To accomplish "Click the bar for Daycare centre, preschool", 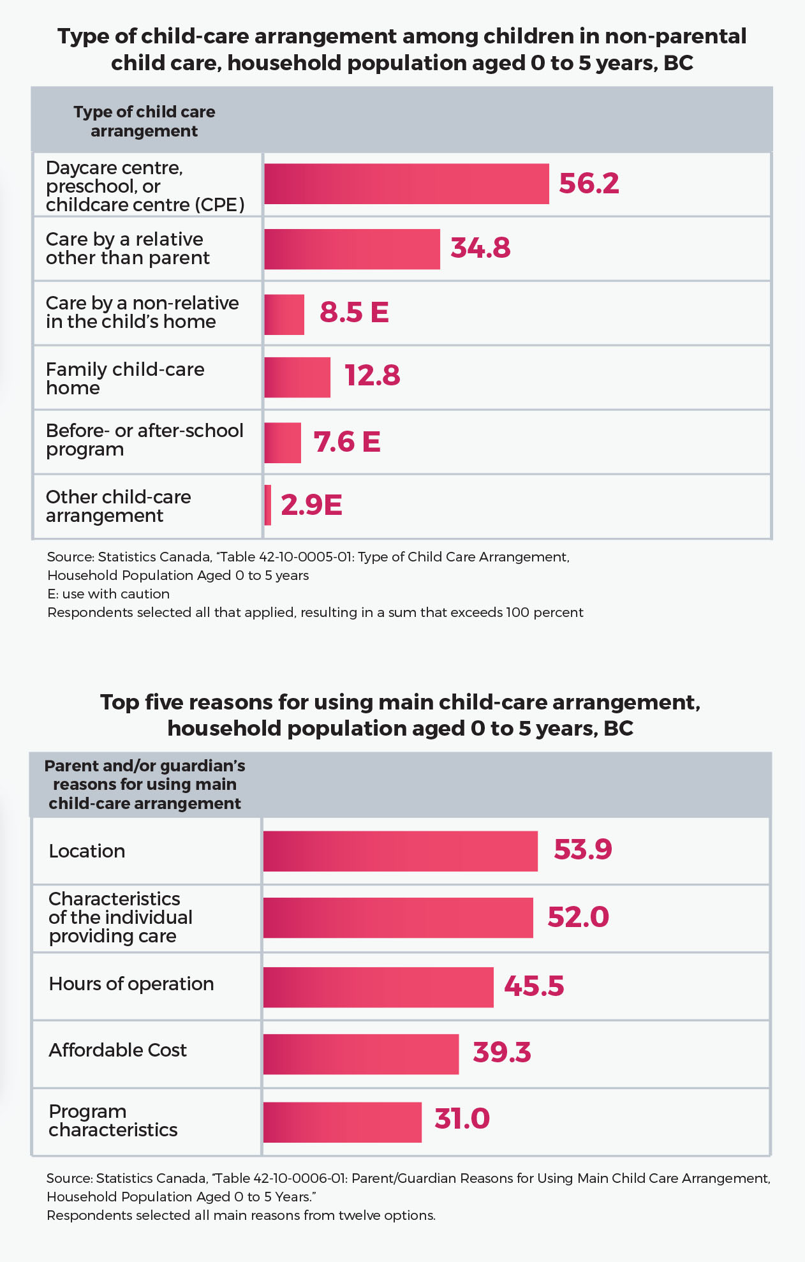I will pos(406,184).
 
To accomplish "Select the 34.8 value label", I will pos(480,248).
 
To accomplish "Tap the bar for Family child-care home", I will pos(297,378).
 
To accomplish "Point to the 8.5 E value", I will pos(354,313).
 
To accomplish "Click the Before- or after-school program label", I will pos(144,440).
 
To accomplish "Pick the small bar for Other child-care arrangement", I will pos(268,505).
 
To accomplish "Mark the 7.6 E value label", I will pos(347,442).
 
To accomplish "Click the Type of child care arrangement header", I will pos(144,121).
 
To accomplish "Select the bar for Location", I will pos(400,851).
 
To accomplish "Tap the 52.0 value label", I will pos(578,917).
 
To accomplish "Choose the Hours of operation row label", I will pos(131,984).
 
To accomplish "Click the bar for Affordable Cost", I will pos(360,1054).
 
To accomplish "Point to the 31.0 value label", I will pos(462,1119).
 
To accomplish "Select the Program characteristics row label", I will pos(113,1120).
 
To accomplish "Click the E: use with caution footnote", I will pos(108,594).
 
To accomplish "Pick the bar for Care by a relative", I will pos(351,249).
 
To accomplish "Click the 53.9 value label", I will pos(582,850).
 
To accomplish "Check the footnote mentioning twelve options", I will pos(241,1215).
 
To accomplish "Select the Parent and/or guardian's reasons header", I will pos(144,784).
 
